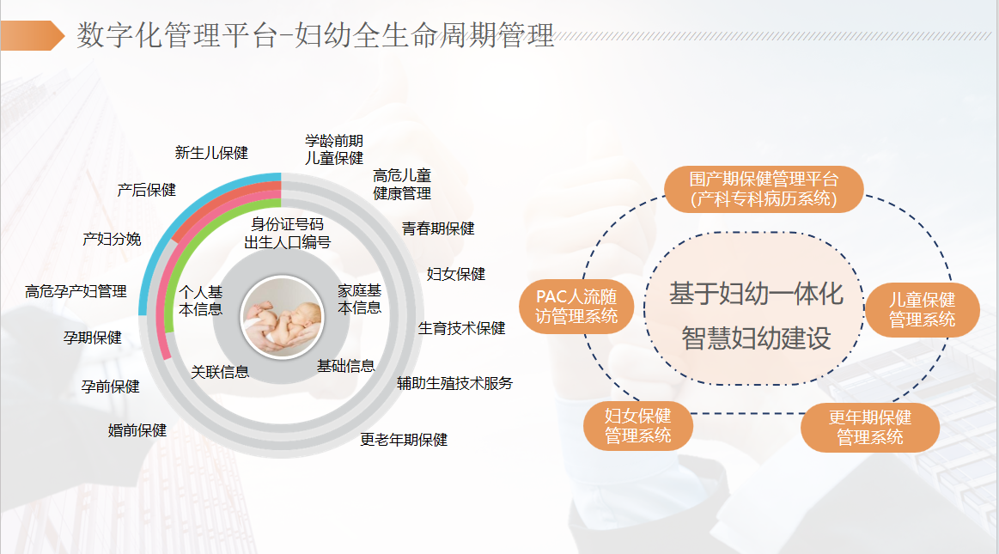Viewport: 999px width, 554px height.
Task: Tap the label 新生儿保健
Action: click(211, 153)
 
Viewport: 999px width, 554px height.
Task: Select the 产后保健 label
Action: click(147, 190)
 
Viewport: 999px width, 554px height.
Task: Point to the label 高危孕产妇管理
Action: click(76, 291)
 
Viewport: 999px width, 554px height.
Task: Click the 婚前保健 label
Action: click(137, 430)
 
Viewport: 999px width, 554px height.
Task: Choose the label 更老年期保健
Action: click(404, 440)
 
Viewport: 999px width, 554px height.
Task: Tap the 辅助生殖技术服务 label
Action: click(454, 383)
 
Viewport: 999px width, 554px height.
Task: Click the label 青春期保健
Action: click(438, 228)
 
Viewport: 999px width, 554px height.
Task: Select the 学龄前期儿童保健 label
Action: click(334, 149)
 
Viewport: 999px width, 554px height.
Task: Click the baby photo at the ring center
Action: click(283, 317)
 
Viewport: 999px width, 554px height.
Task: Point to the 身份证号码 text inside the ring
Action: click(288, 224)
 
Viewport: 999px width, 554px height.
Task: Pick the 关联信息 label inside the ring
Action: click(220, 372)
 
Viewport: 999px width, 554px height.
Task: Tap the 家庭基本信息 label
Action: click(359, 299)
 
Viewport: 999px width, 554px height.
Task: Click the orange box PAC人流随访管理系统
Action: click(576, 307)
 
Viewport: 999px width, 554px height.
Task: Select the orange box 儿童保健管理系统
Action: click(922, 309)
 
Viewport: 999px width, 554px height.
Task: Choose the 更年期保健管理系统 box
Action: click(869, 427)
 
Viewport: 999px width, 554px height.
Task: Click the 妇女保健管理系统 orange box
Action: click(637, 425)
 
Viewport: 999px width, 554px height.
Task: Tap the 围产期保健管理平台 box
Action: click(764, 189)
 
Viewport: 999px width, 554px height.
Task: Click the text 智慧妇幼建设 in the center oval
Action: click(756, 338)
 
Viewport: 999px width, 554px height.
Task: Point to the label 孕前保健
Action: click(110, 387)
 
